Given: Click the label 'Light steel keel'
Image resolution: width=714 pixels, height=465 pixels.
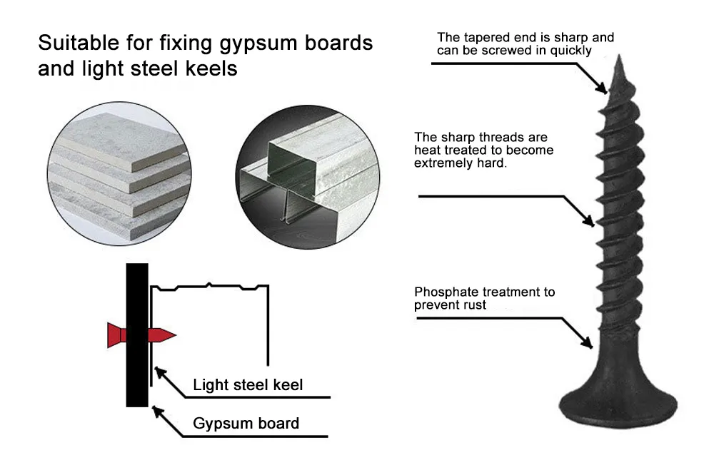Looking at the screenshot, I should point(248,385).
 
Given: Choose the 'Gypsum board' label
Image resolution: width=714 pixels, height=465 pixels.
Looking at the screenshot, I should point(246,424).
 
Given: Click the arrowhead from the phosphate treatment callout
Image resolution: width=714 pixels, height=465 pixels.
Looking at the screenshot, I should point(590,344).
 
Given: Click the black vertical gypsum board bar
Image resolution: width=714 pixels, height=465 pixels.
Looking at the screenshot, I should point(137,334).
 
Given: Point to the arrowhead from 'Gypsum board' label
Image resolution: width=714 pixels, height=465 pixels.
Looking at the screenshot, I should point(156,411).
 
